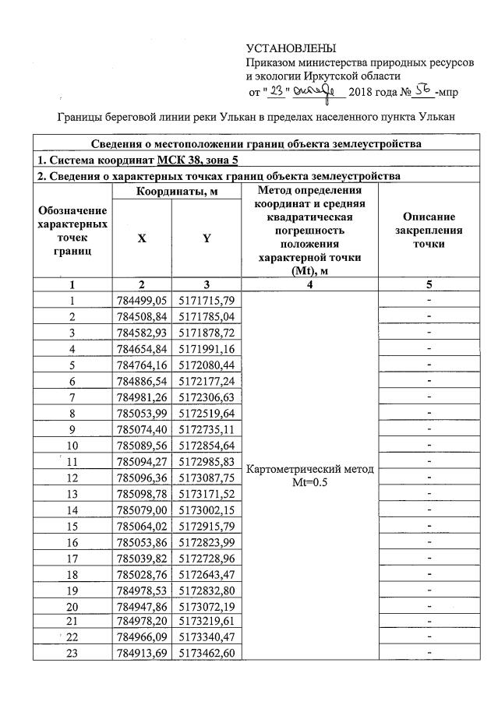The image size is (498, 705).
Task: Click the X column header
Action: tap(141, 239)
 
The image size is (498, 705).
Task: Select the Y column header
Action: tap(207, 239)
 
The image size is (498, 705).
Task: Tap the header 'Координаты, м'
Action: tap(174, 192)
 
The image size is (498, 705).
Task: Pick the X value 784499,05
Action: tap(141, 301)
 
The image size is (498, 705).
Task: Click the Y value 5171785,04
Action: tap(207, 317)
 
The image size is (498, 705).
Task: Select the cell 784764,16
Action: tap(141, 365)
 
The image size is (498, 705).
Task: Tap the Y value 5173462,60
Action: tap(207, 653)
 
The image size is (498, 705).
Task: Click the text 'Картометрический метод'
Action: tap(310, 469)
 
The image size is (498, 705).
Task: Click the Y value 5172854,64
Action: tap(207, 445)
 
